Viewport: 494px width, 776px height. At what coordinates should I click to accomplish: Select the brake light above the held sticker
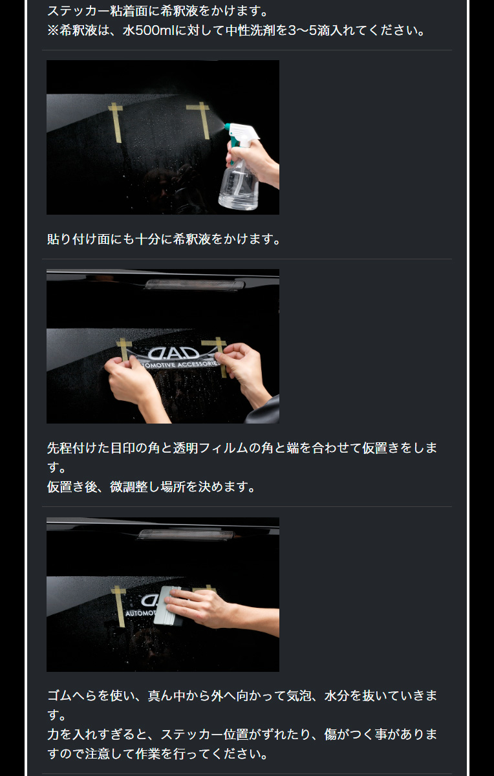tap(195, 284)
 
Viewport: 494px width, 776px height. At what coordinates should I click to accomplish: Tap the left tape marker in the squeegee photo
tap(118, 604)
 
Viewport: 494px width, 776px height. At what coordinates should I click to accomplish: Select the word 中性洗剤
tap(268, 30)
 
